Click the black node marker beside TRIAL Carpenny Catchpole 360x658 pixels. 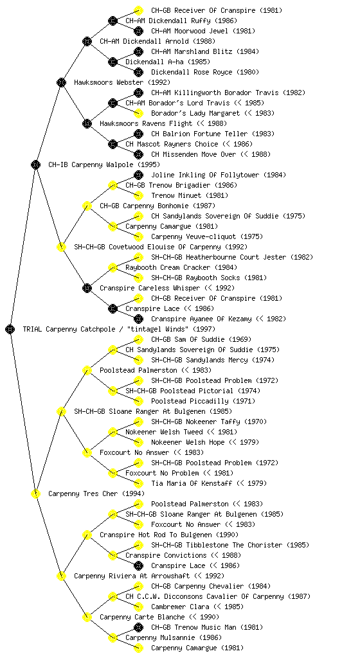point(10,329)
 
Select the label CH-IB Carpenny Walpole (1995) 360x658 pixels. point(104,164)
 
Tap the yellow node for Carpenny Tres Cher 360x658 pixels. point(35,493)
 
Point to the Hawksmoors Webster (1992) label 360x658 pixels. point(122,82)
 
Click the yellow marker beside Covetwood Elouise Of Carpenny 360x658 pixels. point(61,247)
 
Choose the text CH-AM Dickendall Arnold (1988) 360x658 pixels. point(157,41)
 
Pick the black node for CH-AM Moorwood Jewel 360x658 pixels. point(138,31)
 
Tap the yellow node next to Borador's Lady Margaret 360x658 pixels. point(138,113)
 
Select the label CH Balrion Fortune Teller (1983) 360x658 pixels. point(213,134)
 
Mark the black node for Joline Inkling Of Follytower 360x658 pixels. point(138,175)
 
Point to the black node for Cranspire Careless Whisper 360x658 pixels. point(87,288)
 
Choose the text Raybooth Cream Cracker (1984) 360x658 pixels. point(181,267)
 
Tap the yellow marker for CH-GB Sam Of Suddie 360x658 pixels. point(138,339)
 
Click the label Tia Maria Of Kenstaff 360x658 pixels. point(192,483)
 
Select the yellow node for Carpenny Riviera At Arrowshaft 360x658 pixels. point(61,576)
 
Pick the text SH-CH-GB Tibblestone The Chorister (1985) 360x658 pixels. point(230,545)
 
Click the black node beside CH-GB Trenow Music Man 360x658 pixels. point(138,627)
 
